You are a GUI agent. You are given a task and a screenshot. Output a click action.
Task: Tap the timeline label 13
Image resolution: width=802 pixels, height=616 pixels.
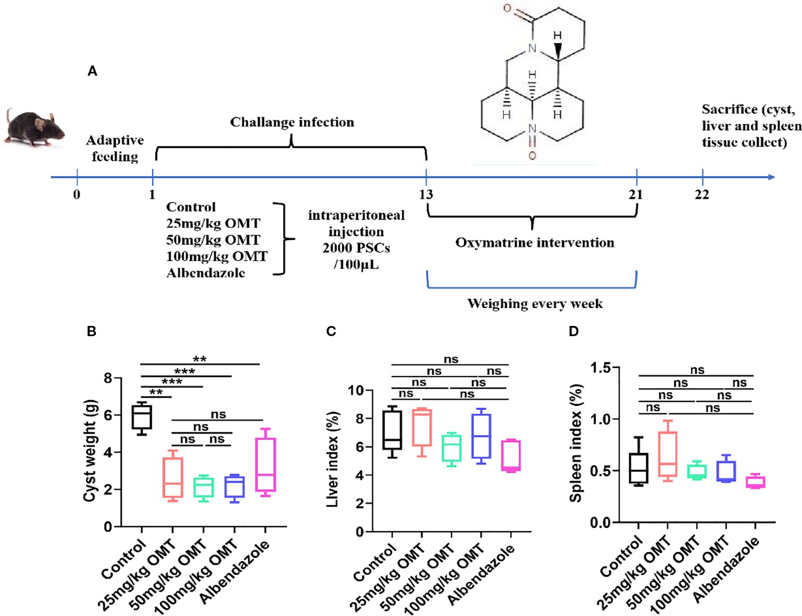click(426, 195)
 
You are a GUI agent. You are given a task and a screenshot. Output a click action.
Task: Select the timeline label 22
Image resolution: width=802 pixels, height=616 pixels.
click(702, 195)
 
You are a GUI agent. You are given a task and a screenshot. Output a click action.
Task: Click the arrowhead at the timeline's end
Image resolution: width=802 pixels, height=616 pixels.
click(771, 177)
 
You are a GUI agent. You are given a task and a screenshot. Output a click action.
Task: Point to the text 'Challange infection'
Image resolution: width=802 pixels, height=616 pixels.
click(292, 122)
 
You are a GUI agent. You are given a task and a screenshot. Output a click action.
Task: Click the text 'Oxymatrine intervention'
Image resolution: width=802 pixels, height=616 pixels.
click(534, 243)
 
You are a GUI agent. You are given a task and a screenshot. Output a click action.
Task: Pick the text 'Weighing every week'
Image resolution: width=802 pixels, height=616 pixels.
click(534, 304)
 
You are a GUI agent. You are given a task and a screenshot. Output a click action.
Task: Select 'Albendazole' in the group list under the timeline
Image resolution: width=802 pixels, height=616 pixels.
click(206, 273)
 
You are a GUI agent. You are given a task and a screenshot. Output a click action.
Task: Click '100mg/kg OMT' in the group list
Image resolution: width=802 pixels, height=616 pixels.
click(217, 256)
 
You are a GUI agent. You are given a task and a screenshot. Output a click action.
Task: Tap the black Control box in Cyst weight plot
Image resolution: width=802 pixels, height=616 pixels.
click(142, 417)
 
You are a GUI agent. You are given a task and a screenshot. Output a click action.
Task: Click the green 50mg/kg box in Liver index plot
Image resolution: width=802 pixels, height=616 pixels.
click(451, 448)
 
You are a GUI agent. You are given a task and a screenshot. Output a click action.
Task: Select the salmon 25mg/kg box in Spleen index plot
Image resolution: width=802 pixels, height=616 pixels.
click(668, 454)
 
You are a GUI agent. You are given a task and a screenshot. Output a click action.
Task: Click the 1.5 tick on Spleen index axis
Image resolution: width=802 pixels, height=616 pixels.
click(600, 368)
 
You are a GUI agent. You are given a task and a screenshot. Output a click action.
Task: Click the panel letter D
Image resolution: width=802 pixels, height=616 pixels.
click(574, 331)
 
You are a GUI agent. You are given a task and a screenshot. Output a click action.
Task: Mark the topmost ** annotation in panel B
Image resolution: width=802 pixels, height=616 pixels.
click(199, 359)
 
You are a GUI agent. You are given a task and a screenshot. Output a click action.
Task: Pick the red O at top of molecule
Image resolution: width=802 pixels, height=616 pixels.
click(507, 8)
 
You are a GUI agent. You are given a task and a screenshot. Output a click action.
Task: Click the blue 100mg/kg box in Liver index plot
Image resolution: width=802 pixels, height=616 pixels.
click(481, 436)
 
